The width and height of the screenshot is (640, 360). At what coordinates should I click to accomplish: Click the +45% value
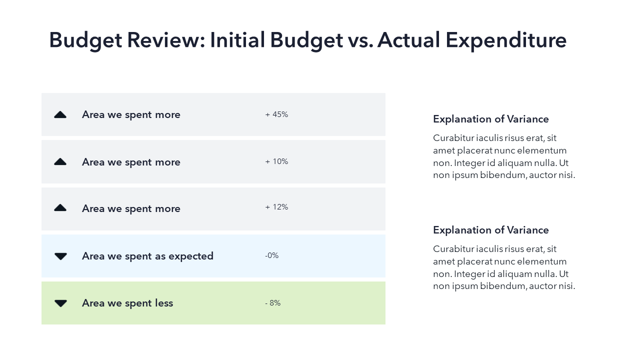click(276, 114)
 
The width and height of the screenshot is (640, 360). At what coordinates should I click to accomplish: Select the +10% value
click(276, 161)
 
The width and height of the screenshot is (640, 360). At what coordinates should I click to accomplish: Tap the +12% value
click(276, 207)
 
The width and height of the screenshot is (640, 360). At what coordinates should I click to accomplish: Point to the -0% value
click(271, 255)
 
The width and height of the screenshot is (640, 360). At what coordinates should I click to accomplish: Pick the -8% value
click(273, 303)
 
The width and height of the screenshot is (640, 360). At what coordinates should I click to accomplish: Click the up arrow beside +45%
click(60, 115)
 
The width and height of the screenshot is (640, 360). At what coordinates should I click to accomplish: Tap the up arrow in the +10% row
click(60, 162)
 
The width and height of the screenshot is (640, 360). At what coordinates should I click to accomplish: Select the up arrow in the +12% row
click(60, 208)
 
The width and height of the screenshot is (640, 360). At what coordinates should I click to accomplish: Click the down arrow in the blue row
click(60, 256)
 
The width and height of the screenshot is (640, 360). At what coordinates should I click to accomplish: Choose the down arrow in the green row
click(60, 303)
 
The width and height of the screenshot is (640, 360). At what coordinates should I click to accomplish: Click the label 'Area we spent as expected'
click(147, 256)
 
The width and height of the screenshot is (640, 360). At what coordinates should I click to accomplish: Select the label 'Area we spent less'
click(127, 303)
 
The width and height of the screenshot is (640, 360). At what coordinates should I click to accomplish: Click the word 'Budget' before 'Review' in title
click(85, 40)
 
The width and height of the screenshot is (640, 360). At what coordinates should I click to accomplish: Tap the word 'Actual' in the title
click(408, 40)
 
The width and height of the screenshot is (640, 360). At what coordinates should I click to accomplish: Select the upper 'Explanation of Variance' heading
click(490, 119)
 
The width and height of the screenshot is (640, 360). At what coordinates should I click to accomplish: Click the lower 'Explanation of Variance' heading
click(490, 230)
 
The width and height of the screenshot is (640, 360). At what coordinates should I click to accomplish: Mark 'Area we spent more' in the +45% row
click(131, 114)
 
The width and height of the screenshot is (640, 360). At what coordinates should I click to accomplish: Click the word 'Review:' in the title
click(166, 40)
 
